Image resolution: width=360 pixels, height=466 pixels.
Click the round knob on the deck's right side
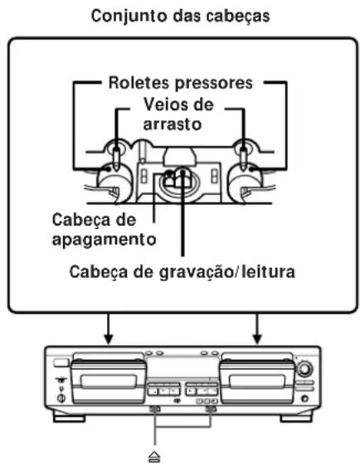pos(311,367)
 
